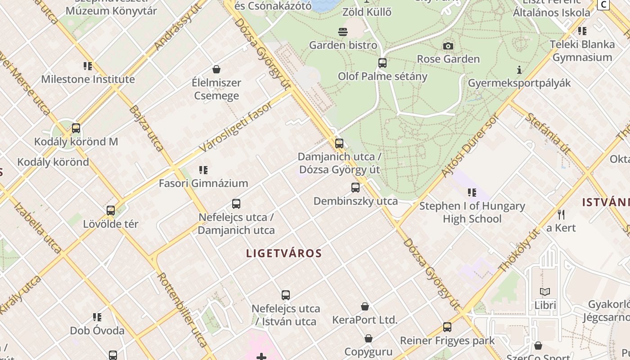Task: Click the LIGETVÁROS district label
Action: point(284,253)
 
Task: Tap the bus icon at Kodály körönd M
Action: point(76,128)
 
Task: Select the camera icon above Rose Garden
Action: point(448,46)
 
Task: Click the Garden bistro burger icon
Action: point(343,32)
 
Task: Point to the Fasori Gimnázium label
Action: point(203,183)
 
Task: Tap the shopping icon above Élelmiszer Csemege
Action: point(216,69)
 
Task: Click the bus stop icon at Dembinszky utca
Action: point(355,188)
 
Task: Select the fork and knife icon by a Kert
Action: point(561,214)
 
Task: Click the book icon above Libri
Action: point(545,292)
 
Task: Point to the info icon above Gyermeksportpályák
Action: point(519,70)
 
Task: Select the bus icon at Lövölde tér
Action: point(111,211)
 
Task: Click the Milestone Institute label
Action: point(88,79)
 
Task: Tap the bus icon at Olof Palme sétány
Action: point(382,63)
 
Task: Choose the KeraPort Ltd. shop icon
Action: point(365,306)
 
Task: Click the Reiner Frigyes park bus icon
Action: point(447,327)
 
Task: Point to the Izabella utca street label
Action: point(38,229)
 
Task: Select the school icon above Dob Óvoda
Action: point(97,317)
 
